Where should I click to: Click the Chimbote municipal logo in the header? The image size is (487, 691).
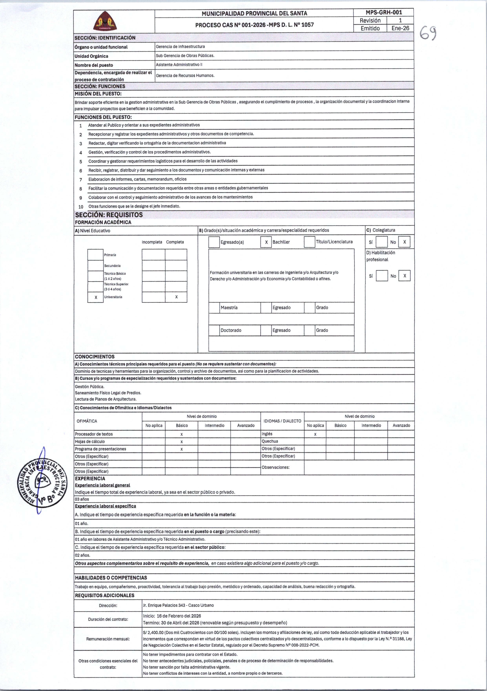tap(104, 21)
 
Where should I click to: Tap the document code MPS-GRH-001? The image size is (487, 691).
tap(384, 13)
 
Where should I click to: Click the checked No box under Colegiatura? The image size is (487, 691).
tap(404, 242)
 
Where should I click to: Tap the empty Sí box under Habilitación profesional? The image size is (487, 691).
tap(382, 276)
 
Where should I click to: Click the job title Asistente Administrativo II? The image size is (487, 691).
tap(179, 65)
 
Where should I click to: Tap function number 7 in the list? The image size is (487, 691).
tap(81, 180)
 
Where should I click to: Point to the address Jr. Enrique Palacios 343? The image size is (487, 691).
tap(178, 605)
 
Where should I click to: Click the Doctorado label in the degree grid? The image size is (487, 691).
tap(231, 330)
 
